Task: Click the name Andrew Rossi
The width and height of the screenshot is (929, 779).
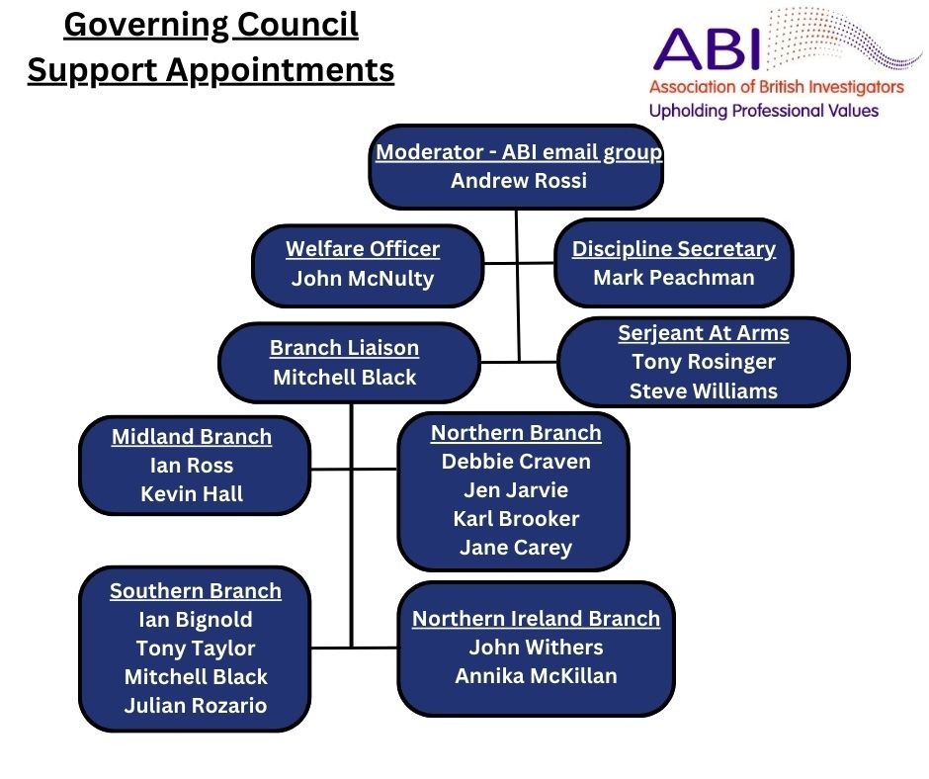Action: pos(518,181)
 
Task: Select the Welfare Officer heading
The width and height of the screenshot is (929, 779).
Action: pos(363,249)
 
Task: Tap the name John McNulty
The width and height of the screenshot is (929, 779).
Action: pos(363,279)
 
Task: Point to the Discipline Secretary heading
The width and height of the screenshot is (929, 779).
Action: pos(674,249)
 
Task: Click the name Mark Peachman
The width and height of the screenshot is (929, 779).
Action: pos(674,278)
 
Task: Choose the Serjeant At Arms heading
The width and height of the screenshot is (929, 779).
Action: pos(704,333)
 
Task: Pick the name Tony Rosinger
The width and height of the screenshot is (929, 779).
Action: pos(704,362)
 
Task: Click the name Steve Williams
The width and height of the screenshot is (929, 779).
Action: pos(704,390)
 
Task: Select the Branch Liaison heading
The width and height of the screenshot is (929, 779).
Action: pos(344,348)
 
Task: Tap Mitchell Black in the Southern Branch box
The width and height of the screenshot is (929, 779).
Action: pos(196,677)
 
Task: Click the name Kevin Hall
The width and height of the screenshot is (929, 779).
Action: pos(192,494)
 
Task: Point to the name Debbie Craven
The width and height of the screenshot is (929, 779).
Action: pos(516,462)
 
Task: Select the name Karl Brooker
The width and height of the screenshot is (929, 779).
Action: pos(516,519)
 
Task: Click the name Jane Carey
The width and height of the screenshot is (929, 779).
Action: pos(516,548)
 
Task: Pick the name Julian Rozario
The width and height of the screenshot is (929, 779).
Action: pos(196,706)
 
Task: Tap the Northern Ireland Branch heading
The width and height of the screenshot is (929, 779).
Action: pos(536,619)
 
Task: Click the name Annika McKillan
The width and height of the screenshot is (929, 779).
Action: pos(536,676)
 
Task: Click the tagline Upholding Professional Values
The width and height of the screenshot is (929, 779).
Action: pos(763,111)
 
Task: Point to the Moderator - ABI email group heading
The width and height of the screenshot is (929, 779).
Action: pos(519,152)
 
